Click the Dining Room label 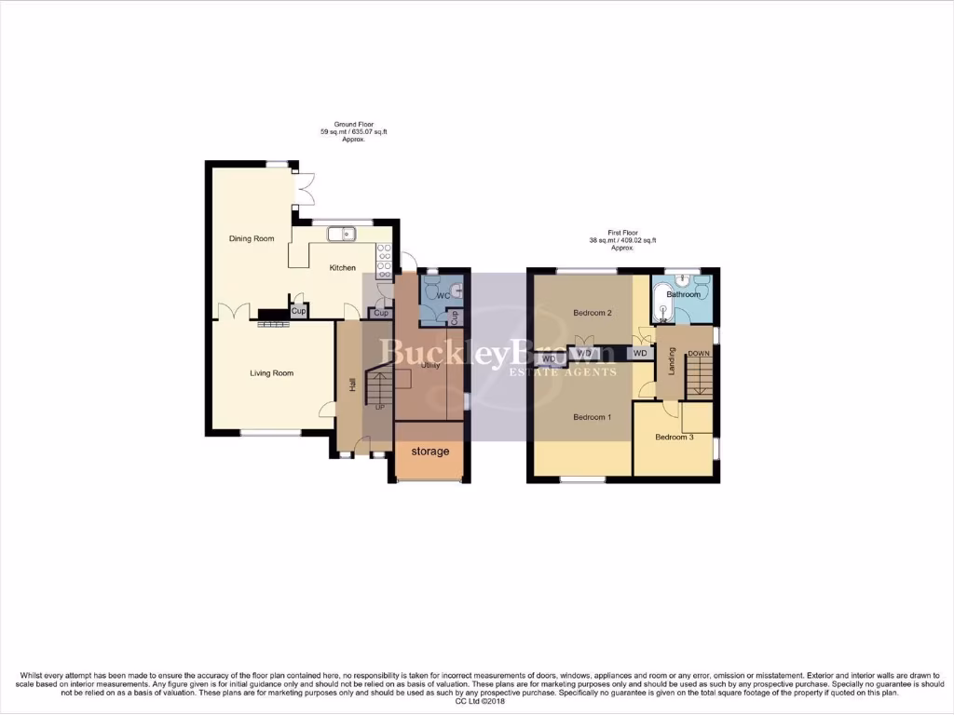252,239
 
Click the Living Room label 271,373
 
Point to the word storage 430,452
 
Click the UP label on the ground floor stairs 379,407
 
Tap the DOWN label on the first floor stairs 699,354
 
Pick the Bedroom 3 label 674,437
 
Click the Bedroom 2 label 592,313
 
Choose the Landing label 671,362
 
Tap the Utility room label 430,366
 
